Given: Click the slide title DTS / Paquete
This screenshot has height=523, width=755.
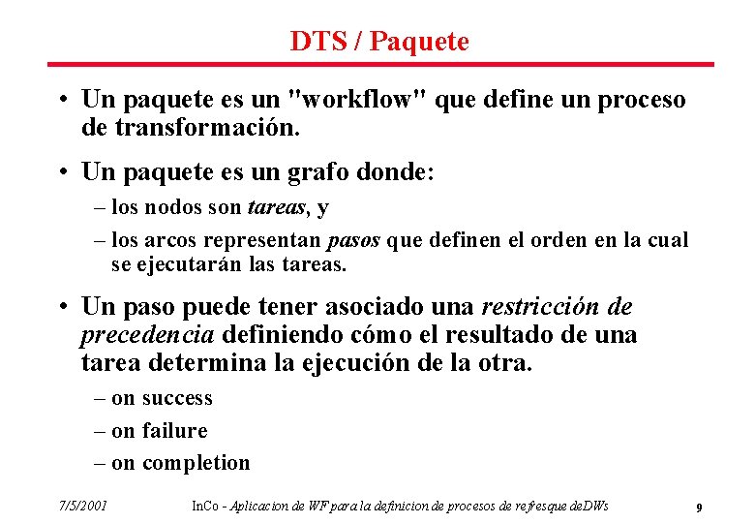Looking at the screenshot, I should click(x=378, y=41).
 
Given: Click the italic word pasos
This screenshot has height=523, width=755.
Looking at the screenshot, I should click(x=354, y=240).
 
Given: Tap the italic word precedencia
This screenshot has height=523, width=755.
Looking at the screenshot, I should click(x=147, y=335).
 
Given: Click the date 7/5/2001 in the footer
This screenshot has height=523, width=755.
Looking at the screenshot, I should click(x=82, y=506).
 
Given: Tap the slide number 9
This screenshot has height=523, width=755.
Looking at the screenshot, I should click(x=699, y=507).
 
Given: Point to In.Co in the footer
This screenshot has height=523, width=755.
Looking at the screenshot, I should click(x=204, y=506).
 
